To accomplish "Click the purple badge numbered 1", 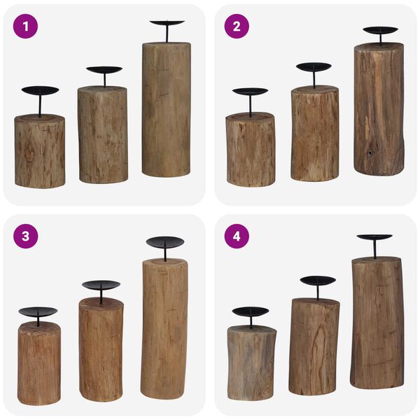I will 26,26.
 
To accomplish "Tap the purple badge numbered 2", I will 237,26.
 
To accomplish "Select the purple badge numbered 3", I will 26,236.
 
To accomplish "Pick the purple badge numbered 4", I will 237,236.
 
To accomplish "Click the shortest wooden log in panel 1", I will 40,151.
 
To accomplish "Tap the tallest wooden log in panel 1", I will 166,108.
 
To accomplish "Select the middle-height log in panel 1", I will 102,134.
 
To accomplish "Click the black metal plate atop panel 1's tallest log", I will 167,23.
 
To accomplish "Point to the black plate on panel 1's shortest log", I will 40,90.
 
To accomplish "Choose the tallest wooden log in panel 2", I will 379,108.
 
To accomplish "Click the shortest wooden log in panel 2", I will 250,149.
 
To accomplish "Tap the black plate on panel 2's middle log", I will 314,67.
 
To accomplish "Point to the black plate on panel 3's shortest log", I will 38,312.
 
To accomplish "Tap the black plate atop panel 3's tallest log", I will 165,242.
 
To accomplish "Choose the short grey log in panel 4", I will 251,363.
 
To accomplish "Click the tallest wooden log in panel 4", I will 377,322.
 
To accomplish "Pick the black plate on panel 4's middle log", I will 318,281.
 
